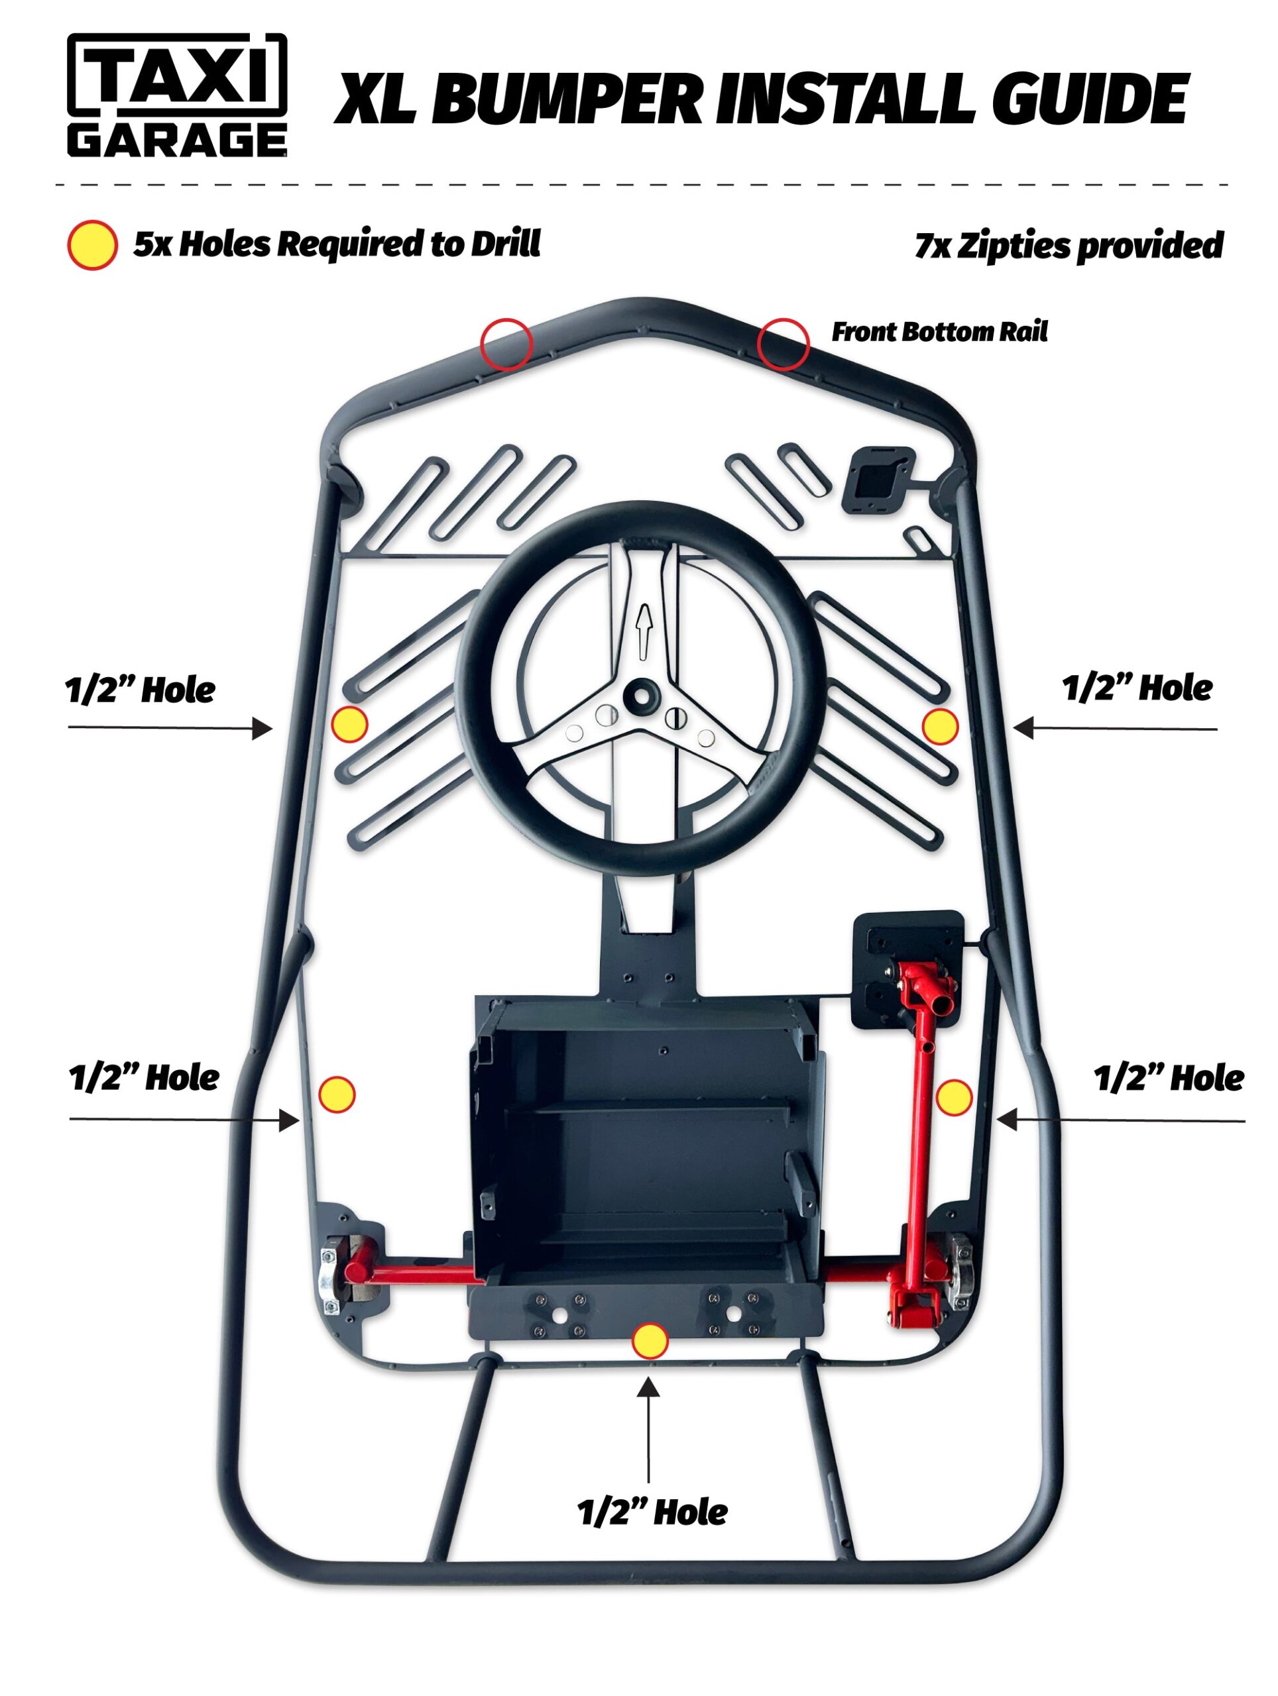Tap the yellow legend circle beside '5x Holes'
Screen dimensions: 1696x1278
click(x=93, y=245)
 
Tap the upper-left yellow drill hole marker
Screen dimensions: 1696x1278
click(x=349, y=724)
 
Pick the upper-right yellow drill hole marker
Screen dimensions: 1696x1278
click(x=940, y=726)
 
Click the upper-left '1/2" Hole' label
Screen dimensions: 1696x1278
click(x=141, y=690)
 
